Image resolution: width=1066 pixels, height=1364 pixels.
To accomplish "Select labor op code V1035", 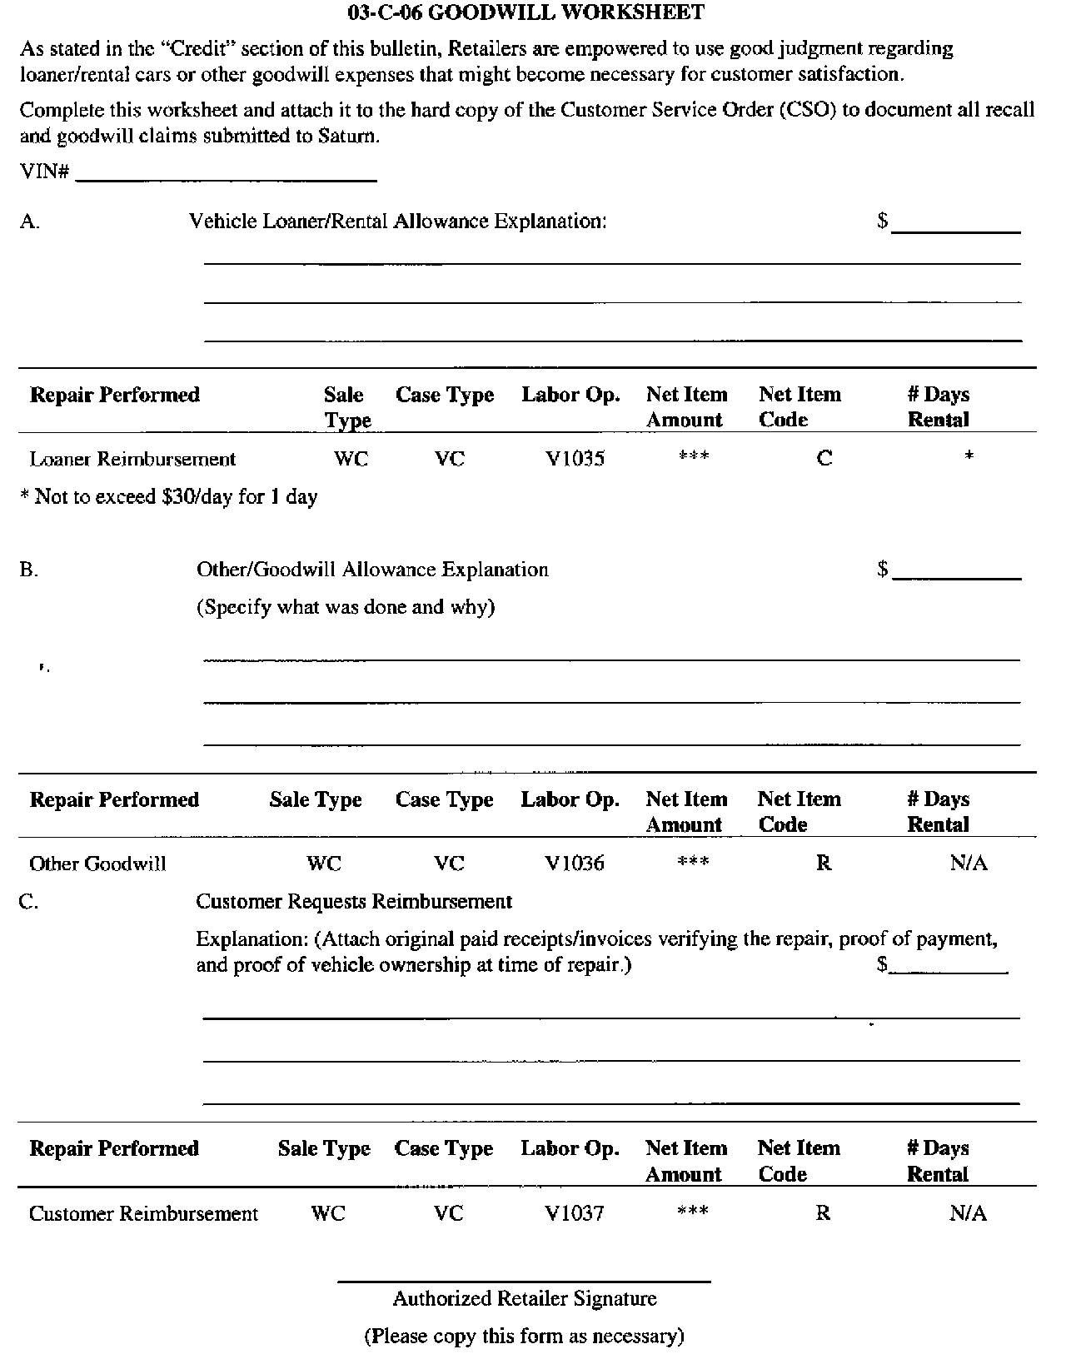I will pyautogui.click(x=575, y=458).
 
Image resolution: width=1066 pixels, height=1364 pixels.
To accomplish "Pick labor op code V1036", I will pyautogui.click(x=575, y=864).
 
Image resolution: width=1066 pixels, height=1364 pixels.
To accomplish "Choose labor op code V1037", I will pyautogui.click(x=575, y=1213).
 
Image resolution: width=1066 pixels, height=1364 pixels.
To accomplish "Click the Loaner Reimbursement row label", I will pyautogui.click(x=132, y=459).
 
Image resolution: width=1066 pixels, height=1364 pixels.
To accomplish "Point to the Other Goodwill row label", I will pyautogui.click(x=97, y=864).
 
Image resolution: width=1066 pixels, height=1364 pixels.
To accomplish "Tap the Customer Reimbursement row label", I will pyautogui.click(x=143, y=1213).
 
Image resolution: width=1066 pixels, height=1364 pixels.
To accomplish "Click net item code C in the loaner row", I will pyautogui.click(x=824, y=458).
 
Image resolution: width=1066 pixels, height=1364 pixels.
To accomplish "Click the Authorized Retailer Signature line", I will pyautogui.click(x=524, y=1280).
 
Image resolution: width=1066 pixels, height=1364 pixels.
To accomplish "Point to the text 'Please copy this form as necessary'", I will pyautogui.click(x=524, y=1336).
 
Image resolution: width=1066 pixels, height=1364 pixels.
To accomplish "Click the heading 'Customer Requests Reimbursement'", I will pyautogui.click(x=354, y=901).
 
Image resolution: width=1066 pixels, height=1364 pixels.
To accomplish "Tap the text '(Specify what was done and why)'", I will pyautogui.click(x=346, y=606).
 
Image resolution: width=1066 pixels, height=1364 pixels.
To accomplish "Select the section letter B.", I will pyautogui.click(x=28, y=570).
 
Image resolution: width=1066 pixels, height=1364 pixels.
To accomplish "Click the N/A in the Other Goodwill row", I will pyautogui.click(x=969, y=864).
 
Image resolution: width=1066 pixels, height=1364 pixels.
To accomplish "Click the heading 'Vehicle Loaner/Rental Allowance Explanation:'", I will pyautogui.click(x=398, y=222).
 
